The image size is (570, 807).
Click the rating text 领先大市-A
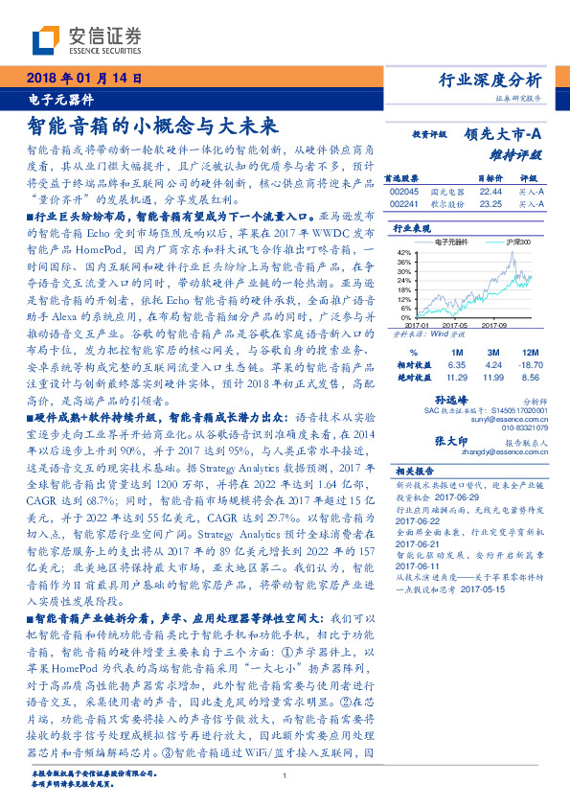click(504, 135)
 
